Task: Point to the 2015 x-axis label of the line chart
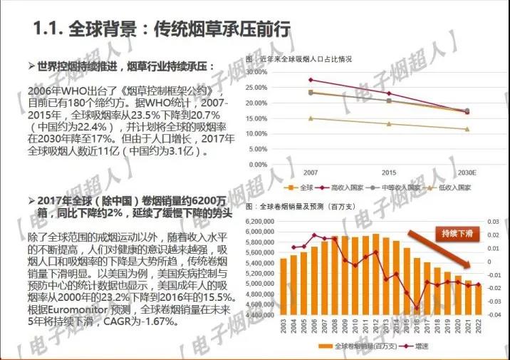point(389,173)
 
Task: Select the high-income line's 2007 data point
point(311,80)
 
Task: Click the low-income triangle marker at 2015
point(389,124)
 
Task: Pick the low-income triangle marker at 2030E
point(467,129)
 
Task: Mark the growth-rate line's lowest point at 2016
point(417,308)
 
